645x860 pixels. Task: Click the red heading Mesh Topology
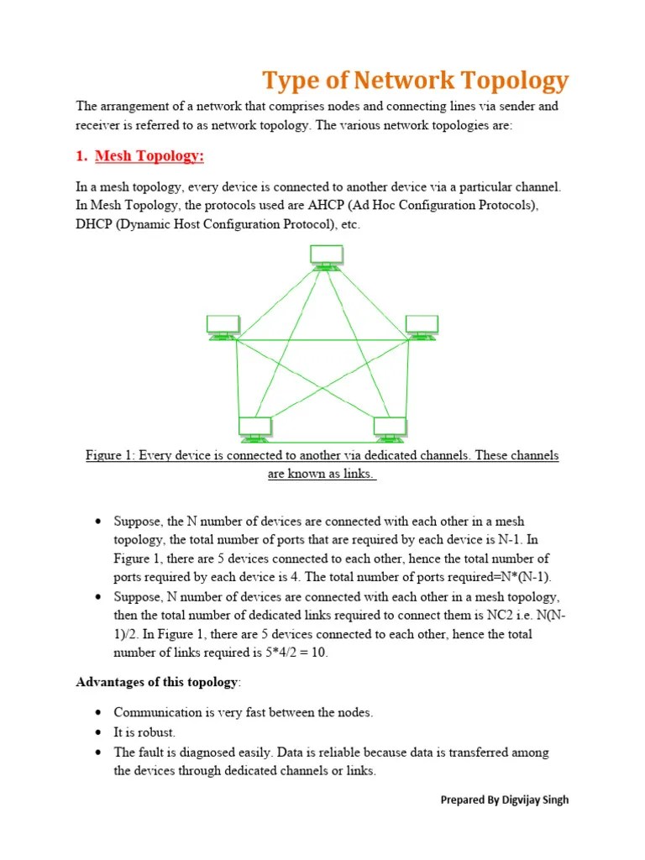point(149,157)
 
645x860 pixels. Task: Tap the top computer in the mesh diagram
point(326,256)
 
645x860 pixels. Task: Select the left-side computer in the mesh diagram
point(223,327)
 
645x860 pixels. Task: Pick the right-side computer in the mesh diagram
point(422,327)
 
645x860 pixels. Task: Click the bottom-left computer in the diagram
point(254,428)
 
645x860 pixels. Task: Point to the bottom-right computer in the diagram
point(390,428)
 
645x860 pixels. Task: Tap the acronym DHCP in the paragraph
point(97,226)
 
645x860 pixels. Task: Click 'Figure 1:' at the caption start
point(110,456)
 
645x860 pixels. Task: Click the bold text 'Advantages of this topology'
point(157,681)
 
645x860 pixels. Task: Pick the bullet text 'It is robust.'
point(144,732)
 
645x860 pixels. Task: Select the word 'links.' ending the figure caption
point(357,475)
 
